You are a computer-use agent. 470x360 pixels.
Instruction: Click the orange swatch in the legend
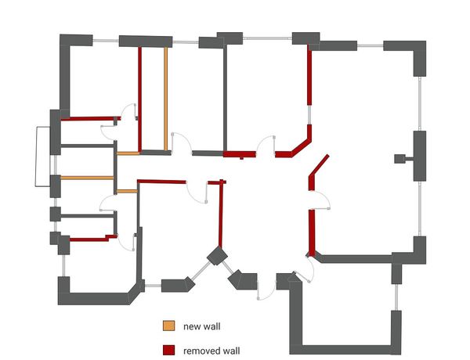(168, 326)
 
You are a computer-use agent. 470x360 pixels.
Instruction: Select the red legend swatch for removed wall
(168, 350)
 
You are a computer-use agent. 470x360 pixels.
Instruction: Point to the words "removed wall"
(211, 350)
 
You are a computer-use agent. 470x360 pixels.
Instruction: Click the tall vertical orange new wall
(167, 98)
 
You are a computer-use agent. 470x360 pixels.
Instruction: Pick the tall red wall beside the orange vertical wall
(139, 98)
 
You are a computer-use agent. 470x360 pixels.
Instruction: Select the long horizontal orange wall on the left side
(87, 178)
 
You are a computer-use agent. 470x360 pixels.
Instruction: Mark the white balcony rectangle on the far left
(42, 157)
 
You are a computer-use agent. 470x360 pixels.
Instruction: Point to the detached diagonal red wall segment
(319, 165)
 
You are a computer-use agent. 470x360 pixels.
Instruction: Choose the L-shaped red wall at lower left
(90, 236)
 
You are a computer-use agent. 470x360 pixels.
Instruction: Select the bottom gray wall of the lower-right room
(345, 349)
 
